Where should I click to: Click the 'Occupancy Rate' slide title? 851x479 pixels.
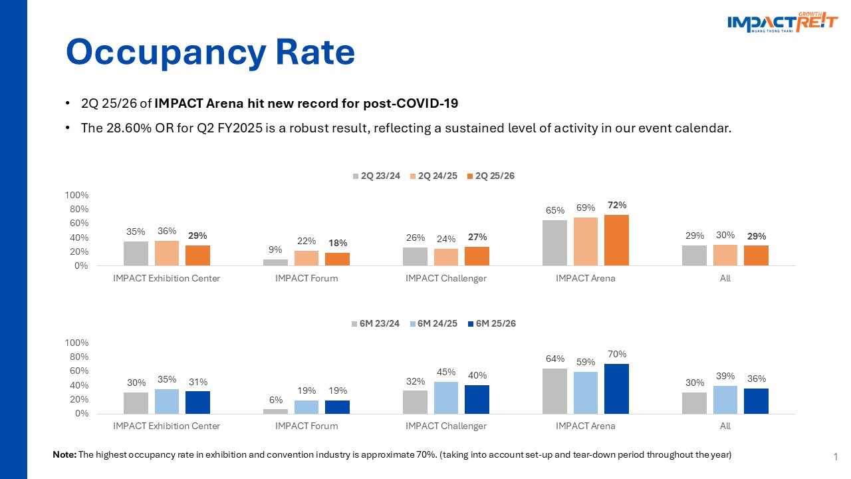pos(210,52)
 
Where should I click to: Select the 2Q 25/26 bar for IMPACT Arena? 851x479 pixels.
pos(616,240)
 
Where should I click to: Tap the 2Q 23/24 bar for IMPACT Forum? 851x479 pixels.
pos(275,262)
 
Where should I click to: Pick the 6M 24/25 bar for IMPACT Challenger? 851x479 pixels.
pos(446,397)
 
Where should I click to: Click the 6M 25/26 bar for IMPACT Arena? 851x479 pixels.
pos(616,389)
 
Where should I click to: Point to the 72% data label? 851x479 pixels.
pos(616,205)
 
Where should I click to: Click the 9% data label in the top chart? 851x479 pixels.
pos(276,250)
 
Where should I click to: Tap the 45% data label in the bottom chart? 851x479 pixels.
pos(446,373)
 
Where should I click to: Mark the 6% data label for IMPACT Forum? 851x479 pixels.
pos(276,400)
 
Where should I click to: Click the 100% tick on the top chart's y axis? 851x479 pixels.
pos(76,195)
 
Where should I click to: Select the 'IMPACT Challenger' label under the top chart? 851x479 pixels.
pos(446,279)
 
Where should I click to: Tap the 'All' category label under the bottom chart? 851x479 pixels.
pos(725,426)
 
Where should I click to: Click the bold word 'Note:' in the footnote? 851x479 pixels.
pos(64,455)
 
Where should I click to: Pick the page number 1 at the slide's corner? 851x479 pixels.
pos(834,456)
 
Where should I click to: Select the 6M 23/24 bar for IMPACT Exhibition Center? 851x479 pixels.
pos(136,402)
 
